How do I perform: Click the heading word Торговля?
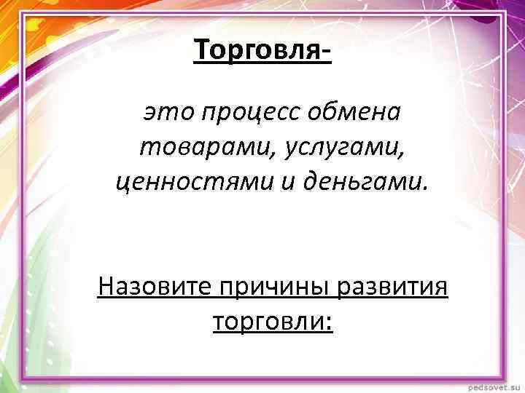tap(256, 51)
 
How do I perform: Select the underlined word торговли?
tap(268, 321)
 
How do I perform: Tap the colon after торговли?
tap(329, 323)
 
